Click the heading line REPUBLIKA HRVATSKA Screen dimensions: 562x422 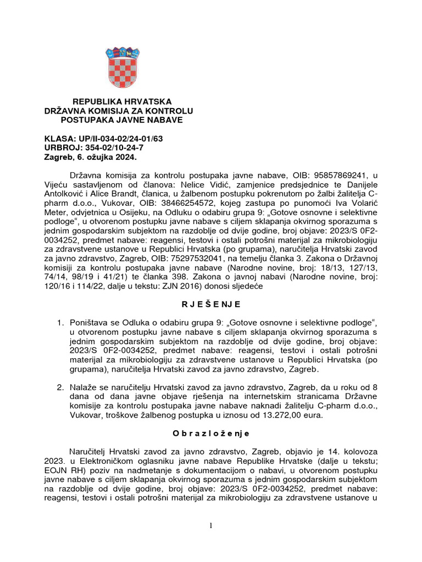tap(123, 102)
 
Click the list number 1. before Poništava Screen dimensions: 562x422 tap(61, 321)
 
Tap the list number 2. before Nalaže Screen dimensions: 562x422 tap(61, 387)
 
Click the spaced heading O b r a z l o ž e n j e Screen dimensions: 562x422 tap(211, 434)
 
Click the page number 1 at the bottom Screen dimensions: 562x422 tap(211, 526)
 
